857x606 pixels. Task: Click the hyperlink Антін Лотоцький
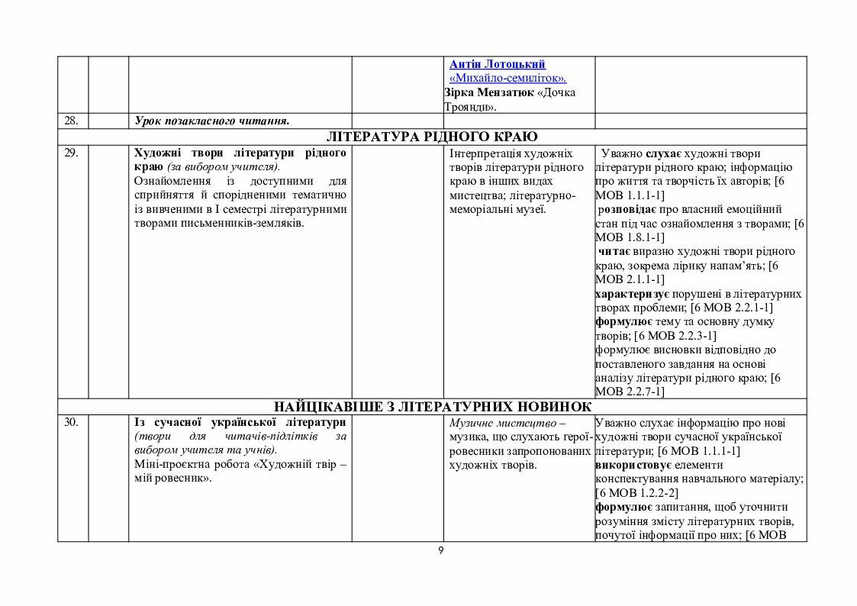pos(498,65)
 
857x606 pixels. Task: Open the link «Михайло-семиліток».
pos(508,79)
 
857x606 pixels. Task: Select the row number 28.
pos(72,121)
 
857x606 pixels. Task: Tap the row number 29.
pos(71,153)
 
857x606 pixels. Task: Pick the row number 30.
pos(72,422)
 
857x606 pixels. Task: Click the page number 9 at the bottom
pos(440,551)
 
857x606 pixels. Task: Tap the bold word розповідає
pos(627,209)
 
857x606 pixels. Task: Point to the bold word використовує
pos(633,465)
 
